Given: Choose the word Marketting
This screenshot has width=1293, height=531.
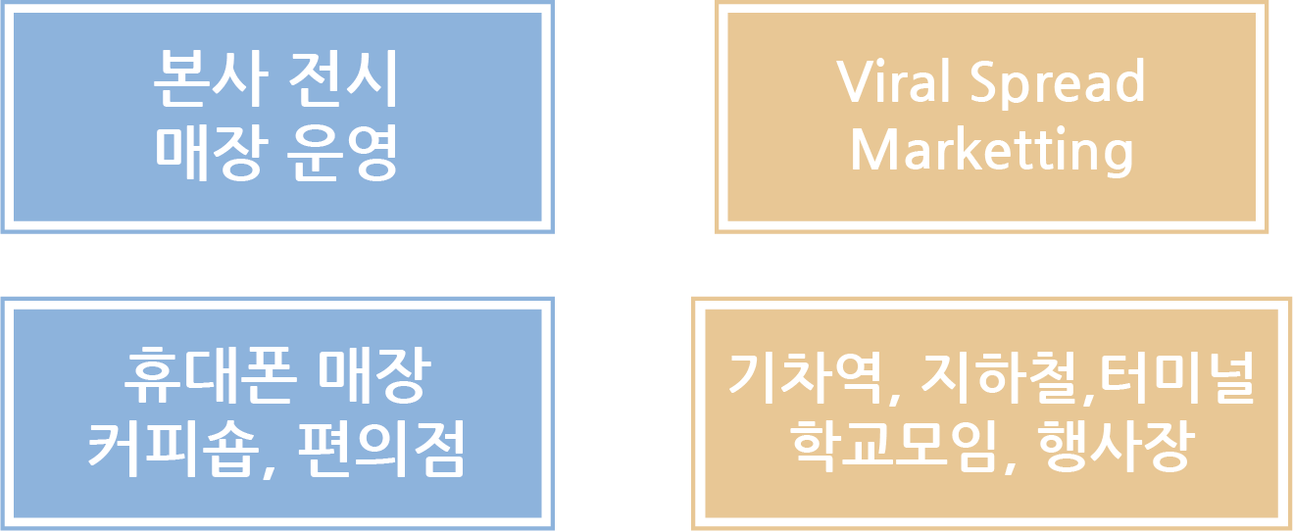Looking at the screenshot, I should click(x=992, y=150).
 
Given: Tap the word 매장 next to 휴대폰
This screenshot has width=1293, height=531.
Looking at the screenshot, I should click(x=374, y=377).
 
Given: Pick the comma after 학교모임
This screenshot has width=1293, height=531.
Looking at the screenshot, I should click(x=1014, y=466).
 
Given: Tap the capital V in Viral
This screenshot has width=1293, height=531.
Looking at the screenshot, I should click(x=854, y=81).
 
